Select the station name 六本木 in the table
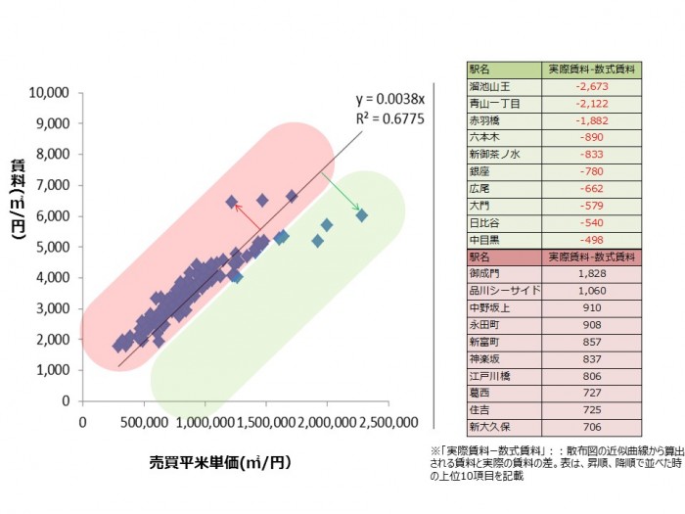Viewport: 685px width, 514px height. click(x=485, y=138)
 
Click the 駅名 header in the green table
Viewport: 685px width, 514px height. click(x=479, y=70)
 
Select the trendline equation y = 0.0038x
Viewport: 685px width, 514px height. click(x=389, y=100)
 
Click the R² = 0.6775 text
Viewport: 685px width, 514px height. click(x=388, y=117)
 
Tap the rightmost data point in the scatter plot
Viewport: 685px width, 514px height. click(x=361, y=214)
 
